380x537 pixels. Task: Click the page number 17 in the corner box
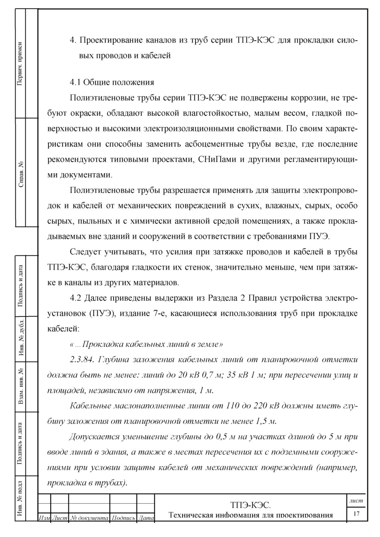click(357, 513)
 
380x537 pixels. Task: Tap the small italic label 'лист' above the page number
click(356, 501)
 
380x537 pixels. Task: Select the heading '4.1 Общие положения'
click(112, 82)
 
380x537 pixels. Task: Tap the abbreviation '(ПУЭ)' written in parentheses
click(101, 313)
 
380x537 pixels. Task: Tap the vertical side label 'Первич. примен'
click(21, 63)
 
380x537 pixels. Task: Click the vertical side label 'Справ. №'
click(21, 173)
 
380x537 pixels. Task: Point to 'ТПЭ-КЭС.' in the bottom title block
click(250, 505)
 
